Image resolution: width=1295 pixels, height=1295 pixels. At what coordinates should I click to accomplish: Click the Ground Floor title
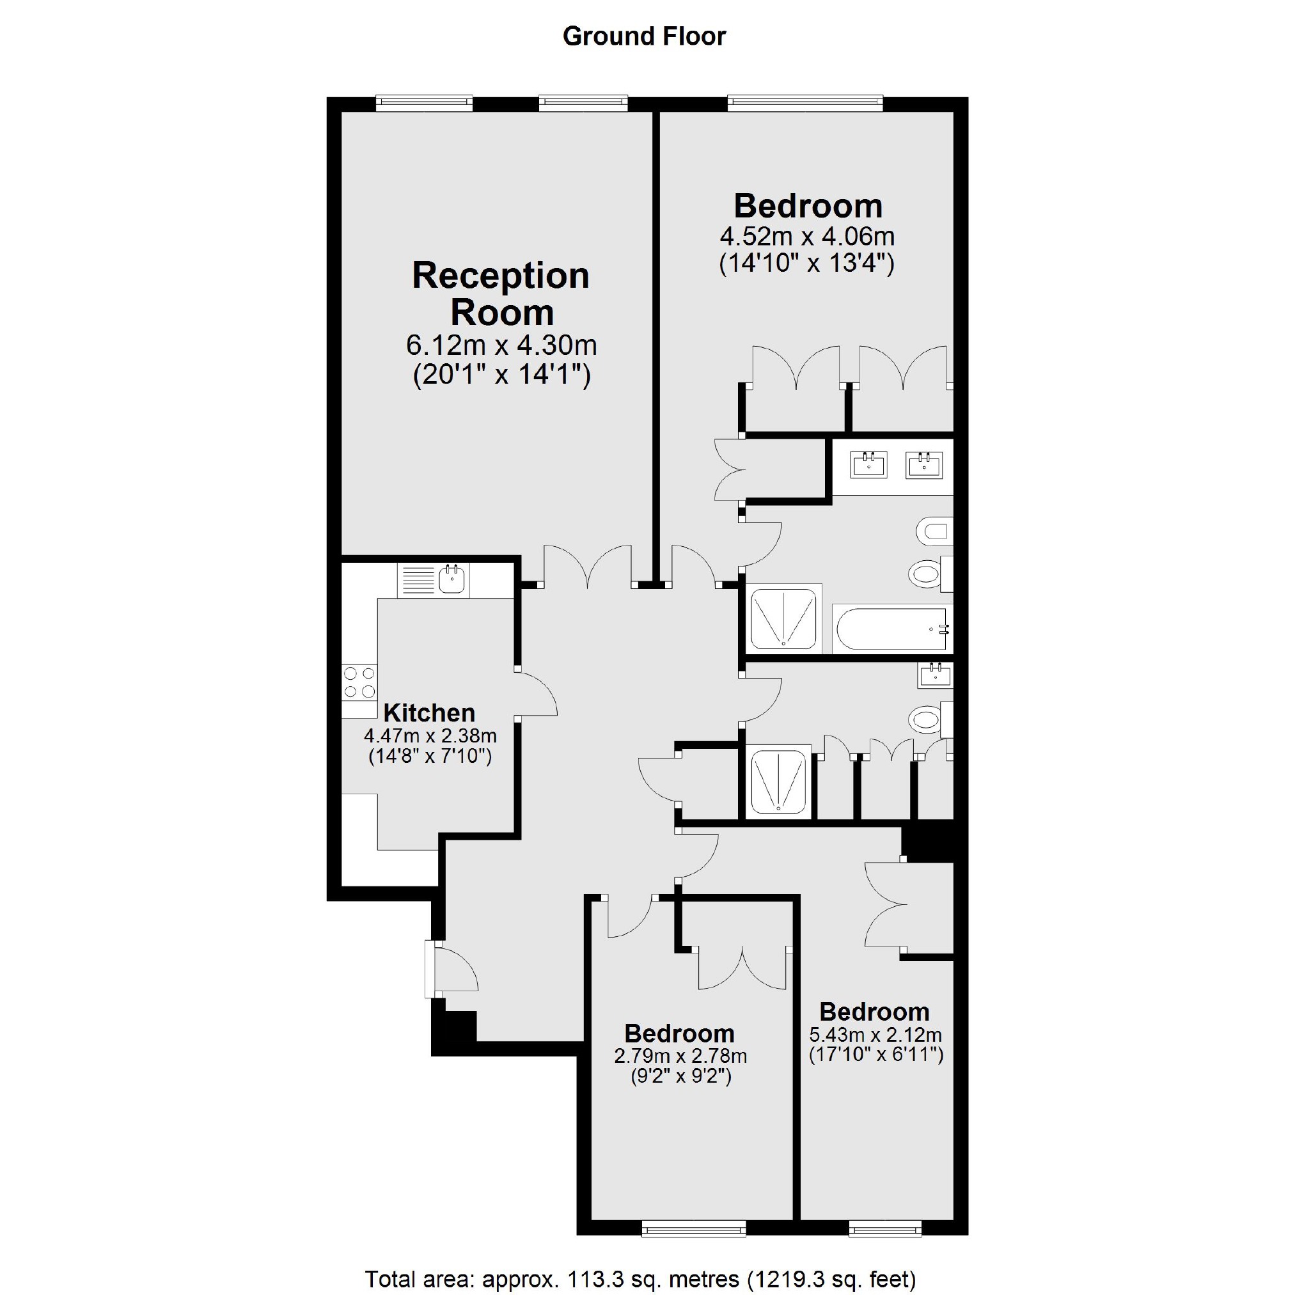pyautogui.click(x=644, y=37)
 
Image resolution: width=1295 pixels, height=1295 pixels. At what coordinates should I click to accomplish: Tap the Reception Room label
pyautogui.click(x=501, y=294)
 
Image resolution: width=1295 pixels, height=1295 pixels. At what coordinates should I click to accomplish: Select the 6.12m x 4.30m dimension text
pyautogui.click(x=501, y=346)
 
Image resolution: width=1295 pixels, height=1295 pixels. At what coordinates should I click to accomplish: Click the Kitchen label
pyautogui.click(x=429, y=712)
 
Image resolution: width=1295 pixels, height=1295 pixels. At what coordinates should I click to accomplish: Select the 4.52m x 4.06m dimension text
pyautogui.click(x=807, y=237)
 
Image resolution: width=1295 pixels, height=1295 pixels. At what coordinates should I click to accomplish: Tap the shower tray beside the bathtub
pyautogui.click(x=783, y=618)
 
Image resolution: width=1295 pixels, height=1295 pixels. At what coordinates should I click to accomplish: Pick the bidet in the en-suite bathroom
pyautogui.click(x=934, y=532)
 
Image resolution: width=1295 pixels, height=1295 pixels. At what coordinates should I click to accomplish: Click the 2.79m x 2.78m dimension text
pyautogui.click(x=680, y=1056)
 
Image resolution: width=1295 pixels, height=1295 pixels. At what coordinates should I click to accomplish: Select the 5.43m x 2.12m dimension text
pyautogui.click(x=875, y=1035)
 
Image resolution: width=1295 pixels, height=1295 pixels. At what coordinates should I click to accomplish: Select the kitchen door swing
pyautogui.click(x=537, y=694)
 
